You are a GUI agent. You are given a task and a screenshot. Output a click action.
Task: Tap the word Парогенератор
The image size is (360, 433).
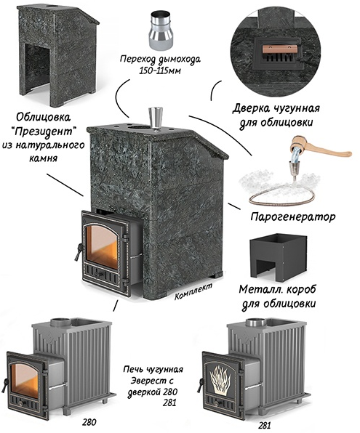[x=293, y=217]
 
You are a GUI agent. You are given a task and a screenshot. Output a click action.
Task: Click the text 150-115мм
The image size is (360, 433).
[x=159, y=70]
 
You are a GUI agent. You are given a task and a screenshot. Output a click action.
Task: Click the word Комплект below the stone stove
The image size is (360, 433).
[x=193, y=291]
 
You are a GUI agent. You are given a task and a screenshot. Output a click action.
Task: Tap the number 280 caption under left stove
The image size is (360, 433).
[x=89, y=422]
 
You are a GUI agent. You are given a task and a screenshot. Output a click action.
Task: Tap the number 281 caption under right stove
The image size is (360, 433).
[x=264, y=426]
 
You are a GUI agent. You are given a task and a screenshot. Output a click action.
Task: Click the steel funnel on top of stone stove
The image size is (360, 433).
[x=155, y=118]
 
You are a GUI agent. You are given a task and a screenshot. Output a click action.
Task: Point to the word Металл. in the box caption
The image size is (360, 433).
[x=258, y=290]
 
